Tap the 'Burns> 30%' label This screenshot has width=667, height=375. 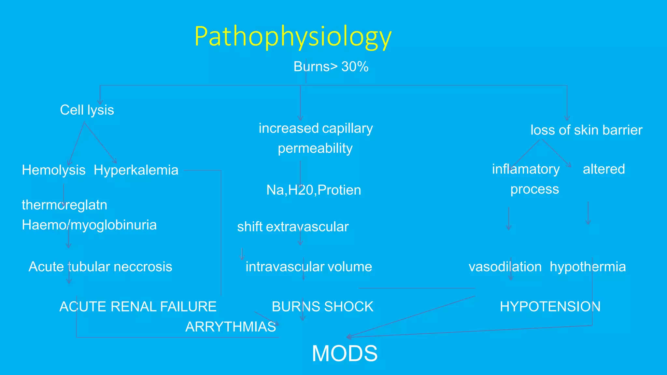pyautogui.click(x=331, y=67)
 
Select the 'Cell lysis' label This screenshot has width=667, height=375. pyautogui.click(x=87, y=110)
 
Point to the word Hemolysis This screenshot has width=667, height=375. pyautogui.click(x=54, y=170)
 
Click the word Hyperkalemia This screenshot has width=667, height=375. pyautogui.click(x=136, y=170)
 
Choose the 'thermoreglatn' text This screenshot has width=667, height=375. pyautogui.click(x=64, y=205)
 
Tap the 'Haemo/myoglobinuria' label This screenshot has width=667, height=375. pyautogui.click(x=89, y=225)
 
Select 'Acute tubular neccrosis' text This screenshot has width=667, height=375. pyautogui.click(x=100, y=267)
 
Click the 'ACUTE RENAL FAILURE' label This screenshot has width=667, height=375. pyautogui.click(x=138, y=307)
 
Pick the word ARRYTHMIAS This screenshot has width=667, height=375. pyautogui.click(x=231, y=327)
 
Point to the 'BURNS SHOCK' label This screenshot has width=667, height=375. pyautogui.click(x=322, y=307)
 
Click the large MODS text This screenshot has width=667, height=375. pyautogui.click(x=345, y=354)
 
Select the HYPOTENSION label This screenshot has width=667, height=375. pyautogui.click(x=550, y=307)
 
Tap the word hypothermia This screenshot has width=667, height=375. pyautogui.click(x=588, y=267)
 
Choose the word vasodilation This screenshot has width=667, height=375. pyautogui.click(x=505, y=267)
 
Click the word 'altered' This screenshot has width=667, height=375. pyautogui.click(x=604, y=169)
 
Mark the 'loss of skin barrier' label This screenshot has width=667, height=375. pyautogui.click(x=586, y=130)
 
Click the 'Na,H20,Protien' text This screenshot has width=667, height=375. pyautogui.click(x=314, y=190)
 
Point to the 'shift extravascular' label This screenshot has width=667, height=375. pyautogui.click(x=293, y=227)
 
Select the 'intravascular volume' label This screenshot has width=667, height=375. pyautogui.click(x=309, y=267)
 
